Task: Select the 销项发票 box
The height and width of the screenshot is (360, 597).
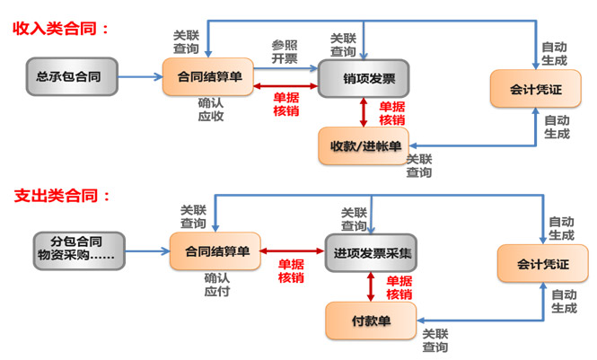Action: click(x=363, y=78)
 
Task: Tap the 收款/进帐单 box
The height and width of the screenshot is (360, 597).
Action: click(x=363, y=145)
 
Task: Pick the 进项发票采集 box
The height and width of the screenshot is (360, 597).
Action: click(x=371, y=252)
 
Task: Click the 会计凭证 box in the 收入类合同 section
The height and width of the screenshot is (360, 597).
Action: click(x=536, y=88)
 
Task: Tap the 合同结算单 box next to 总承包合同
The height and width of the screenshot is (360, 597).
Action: click(x=208, y=76)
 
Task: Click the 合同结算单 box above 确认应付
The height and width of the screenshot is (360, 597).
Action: click(x=216, y=251)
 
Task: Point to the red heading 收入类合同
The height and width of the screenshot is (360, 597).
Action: click(x=61, y=28)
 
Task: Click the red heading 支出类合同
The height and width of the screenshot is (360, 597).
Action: click(x=61, y=196)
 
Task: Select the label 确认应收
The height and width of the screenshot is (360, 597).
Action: click(x=211, y=110)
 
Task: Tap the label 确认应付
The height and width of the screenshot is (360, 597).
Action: click(x=217, y=285)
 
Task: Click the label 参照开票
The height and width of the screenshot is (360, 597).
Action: click(x=284, y=52)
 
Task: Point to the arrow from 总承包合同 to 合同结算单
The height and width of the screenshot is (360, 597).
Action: click(x=141, y=77)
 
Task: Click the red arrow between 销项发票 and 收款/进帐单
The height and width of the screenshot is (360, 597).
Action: click(x=363, y=111)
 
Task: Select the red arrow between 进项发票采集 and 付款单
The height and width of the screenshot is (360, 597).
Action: click(x=371, y=286)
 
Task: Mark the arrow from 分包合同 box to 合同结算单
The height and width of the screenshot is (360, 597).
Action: click(x=148, y=250)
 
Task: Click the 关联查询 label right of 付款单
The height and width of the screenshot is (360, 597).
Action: click(x=435, y=340)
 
